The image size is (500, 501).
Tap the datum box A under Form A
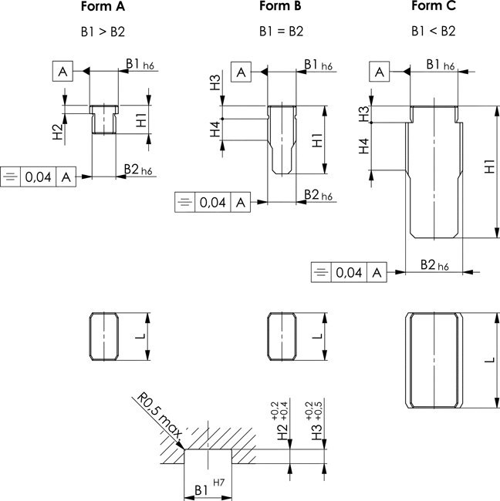(x=63, y=71)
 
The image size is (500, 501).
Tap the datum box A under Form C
(x=379, y=72)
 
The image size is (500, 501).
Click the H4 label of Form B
(x=217, y=130)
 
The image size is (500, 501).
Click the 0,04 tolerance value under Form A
(x=39, y=177)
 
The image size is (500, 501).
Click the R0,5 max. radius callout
(x=158, y=421)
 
